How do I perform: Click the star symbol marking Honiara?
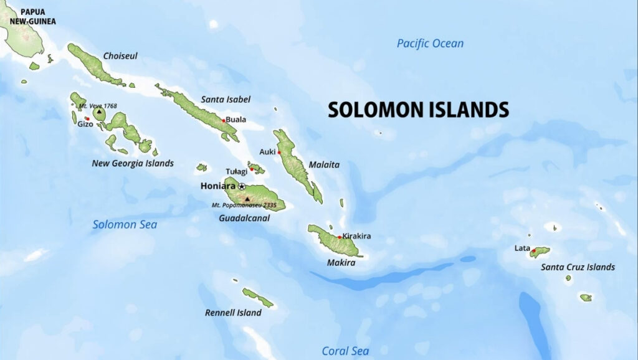[242, 186]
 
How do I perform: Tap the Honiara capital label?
[218, 186]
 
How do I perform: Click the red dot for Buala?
[224, 120]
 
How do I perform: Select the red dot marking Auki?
[279, 152]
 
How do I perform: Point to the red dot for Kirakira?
[340, 237]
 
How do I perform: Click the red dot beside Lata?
[533, 250]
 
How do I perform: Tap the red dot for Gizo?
[87, 118]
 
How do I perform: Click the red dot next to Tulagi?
[252, 169]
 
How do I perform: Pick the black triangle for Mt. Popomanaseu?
[247, 199]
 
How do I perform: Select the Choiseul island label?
[120, 56]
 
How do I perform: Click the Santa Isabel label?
[225, 99]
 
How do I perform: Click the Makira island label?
[341, 263]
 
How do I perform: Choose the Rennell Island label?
[233, 313]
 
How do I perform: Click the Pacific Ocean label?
[430, 44]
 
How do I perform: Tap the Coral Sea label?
[345, 351]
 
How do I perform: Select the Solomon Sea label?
[125, 224]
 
